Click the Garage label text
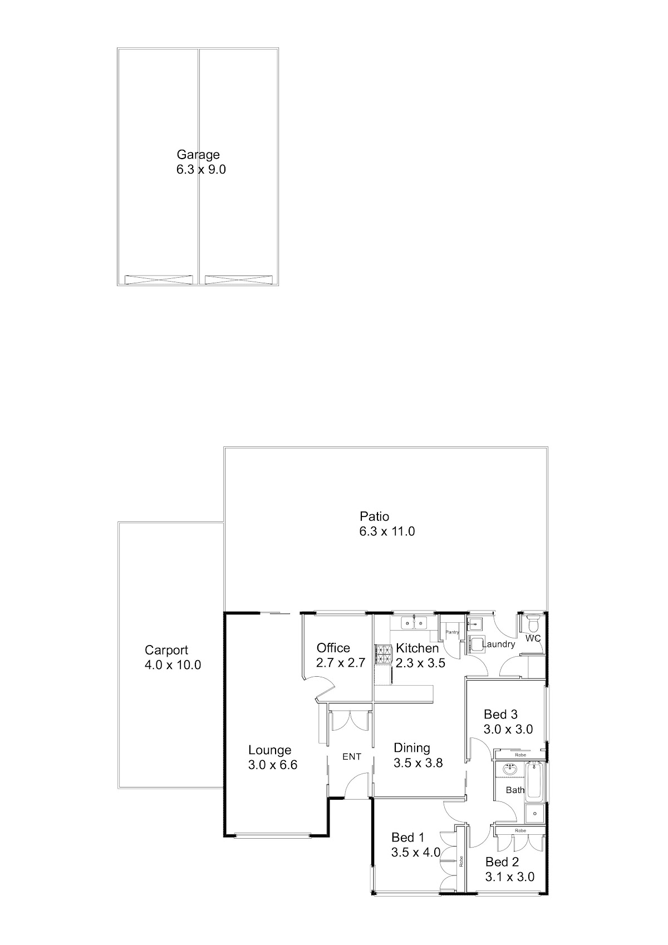[198, 155]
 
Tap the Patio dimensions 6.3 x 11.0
[387, 531]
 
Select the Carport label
[166, 650]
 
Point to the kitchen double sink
[414, 622]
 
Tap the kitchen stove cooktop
[382, 655]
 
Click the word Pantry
[452, 632]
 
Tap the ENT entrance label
[351, 757]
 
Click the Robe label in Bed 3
[520, 755]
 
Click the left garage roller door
[159, 279]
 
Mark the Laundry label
[498, 644]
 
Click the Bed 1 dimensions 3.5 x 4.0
[416, 853]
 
